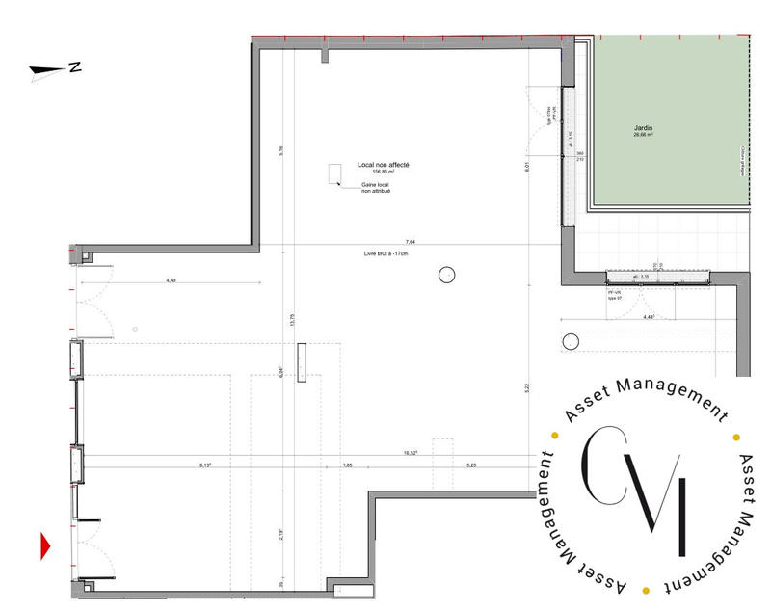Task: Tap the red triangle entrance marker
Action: (x=44, y=546)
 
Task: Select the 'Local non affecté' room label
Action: (x=384, y=166)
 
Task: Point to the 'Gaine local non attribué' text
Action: (x=376, y=188)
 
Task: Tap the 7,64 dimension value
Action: (x=410, y=241)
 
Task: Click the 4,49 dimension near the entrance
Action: (x=171, y=279)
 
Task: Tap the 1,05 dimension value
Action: (x=348, y=465)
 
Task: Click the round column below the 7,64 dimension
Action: (x=446, y=275)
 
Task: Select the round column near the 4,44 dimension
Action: (x=570, y=342)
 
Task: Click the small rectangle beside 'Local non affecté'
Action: (x=334, y=173)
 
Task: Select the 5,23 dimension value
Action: (x=471, y=465)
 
